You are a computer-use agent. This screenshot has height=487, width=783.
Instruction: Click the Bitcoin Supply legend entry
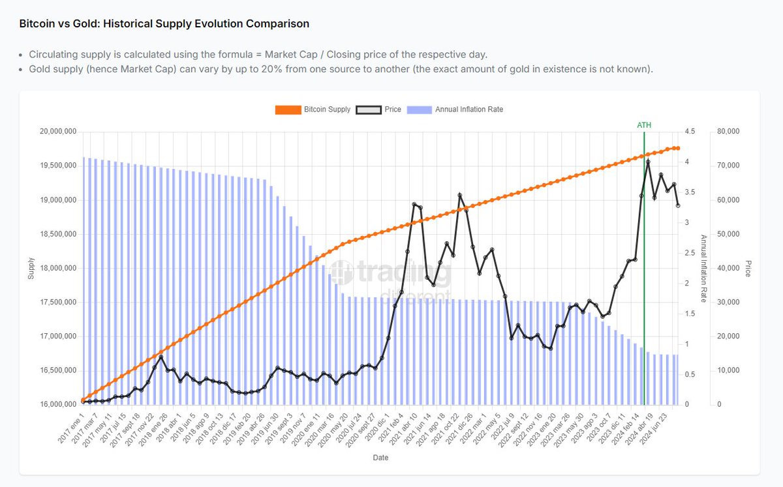(x=313, y=110)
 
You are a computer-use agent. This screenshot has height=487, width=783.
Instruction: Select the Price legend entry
(x=378, y=110)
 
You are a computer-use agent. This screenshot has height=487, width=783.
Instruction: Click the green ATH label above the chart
(x=644, y=125)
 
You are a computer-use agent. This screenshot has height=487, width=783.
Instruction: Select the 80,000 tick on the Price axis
(x=728, y=132)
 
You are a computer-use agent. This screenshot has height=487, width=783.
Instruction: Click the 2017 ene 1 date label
(x=72, y=427)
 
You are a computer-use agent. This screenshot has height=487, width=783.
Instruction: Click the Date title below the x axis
(x=380, y=458)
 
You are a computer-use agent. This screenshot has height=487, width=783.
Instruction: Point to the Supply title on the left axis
(x=31, y=268)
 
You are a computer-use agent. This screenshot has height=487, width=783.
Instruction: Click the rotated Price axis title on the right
(x=748, y=268)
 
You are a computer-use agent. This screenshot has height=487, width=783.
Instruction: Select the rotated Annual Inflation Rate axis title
(x=703, y=268)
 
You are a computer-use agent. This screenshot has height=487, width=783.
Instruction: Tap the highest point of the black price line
(x=648, y=162)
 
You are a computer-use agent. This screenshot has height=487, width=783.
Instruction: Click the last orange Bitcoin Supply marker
(x=677, y=149)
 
